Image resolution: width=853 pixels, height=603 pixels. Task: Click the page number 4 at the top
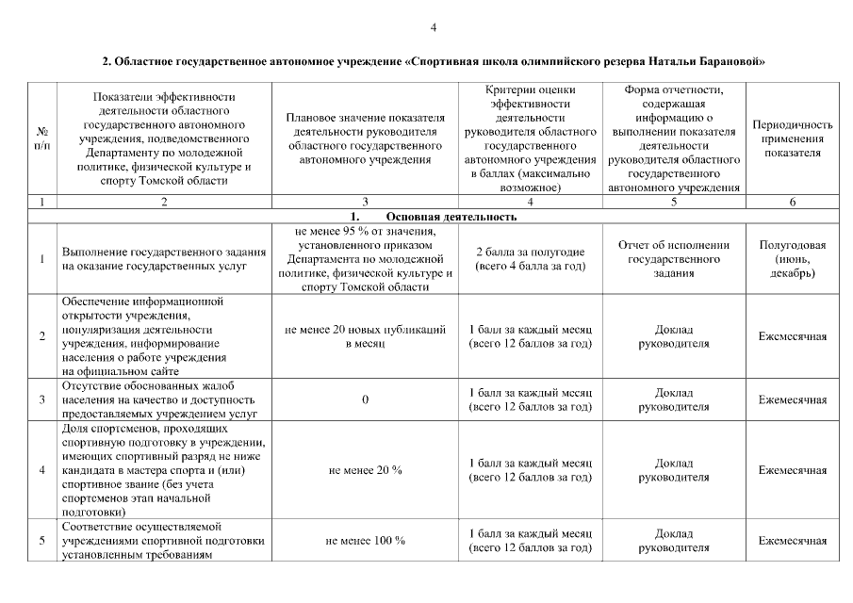coord(433,27)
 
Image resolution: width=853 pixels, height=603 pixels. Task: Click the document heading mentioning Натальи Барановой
coord(433,62)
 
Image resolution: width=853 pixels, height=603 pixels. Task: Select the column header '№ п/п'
coord(42,139)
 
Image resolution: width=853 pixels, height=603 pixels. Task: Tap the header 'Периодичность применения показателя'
coord(793,139)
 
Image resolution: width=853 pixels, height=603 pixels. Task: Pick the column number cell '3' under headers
coord(365,202)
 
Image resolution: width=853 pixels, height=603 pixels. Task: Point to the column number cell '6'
coord(793,202)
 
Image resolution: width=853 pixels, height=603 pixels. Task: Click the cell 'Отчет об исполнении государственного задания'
coord(674,259)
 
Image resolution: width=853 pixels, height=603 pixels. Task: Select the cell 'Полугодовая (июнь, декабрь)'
coord(793,259)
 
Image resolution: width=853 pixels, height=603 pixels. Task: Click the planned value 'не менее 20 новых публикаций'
coord(365,336)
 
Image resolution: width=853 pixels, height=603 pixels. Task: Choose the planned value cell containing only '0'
coord(365,399)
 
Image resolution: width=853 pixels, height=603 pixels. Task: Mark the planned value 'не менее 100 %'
coord(365,541)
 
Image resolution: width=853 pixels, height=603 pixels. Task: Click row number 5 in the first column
coord(42,541)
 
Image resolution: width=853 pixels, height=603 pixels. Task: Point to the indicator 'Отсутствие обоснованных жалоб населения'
coord(157,399)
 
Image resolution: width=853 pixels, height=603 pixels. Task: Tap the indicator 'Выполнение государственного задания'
coord(157,259)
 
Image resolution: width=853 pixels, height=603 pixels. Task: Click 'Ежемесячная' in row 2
coord(793,336)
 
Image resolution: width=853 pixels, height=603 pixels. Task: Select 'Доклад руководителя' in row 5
coord(674,541)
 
